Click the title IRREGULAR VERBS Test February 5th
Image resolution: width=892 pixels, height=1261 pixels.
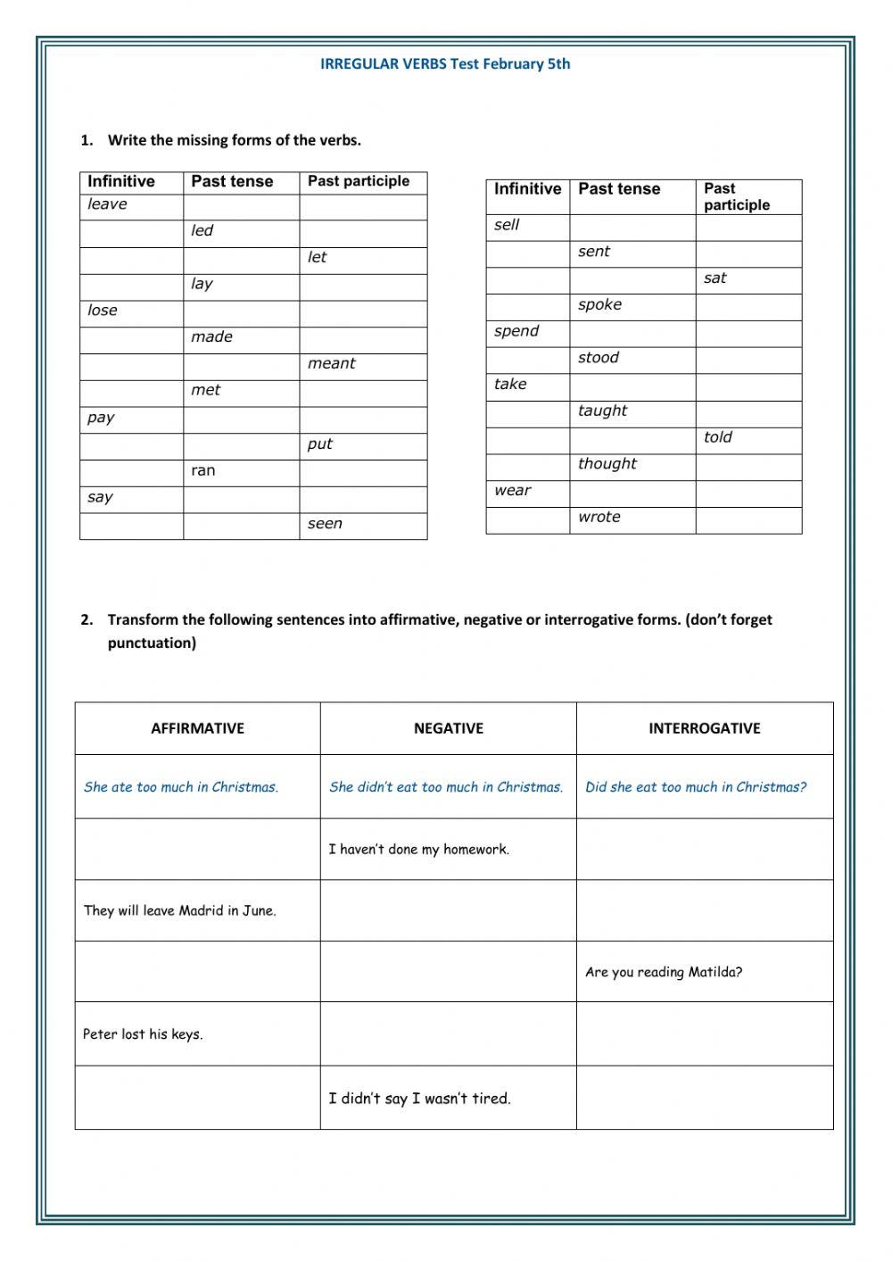click(x=445, y=63)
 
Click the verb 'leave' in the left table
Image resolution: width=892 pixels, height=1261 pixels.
click(x=107, y=204)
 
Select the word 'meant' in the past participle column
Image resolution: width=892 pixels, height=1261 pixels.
click(x=331, y=363)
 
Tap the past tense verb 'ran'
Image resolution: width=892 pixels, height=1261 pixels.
click(x=203, y=470)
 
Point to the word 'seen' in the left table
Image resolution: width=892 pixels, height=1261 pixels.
click(x=325, y=524)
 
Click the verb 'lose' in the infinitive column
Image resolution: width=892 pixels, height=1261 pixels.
click(x=103, y=311)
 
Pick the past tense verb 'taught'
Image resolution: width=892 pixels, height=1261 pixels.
click(x=602, y=411)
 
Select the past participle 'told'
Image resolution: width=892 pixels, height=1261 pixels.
click(x=717, y=437)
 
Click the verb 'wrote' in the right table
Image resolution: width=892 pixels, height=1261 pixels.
click(x=599, y=517)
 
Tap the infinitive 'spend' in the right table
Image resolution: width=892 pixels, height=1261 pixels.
click(x=516, y=331)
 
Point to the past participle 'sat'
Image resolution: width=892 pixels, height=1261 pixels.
click(x=714, y=278)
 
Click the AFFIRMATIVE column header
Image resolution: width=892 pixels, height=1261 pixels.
click(x=197, y=728)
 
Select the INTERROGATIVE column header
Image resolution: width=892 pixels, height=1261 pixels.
click(x=704, y=728)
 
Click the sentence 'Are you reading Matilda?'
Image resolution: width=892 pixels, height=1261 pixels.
click(x=664, y=972)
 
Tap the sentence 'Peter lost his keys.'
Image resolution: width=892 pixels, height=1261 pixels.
click(x=143, y=1034)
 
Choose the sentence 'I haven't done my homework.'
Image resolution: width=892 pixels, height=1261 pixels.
click(x=418, y=850)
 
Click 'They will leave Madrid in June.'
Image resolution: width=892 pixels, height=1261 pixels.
click(x=179, y=911)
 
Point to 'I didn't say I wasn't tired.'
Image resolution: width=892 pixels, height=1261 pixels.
click(x=419, y=1099)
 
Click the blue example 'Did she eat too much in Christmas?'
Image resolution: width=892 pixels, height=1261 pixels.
click(x=695, y=787)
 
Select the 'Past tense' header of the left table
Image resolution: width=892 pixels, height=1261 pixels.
click(x=232, y=181)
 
